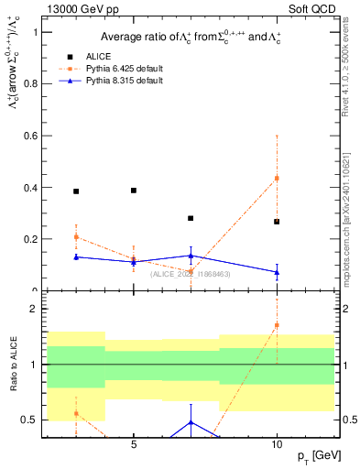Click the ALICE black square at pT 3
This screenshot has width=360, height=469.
(x=76, y=191)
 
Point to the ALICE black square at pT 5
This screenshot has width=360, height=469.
(x=134, y=191)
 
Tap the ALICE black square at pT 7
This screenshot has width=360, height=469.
(x=191, y=218)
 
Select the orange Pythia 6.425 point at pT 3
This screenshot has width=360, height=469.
(x=76, y=237)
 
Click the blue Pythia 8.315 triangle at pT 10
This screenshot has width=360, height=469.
(x=277, y=272)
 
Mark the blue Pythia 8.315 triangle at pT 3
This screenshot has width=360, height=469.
(x=76, y=256)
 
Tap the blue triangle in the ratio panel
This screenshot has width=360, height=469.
(x=191, y=422)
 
